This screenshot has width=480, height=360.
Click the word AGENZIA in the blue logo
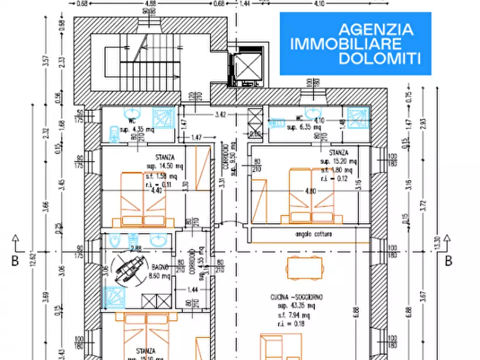[x=376, y=29]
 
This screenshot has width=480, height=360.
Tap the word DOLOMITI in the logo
[x=385, y=58]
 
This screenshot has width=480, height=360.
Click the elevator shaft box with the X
[x=247, y=64]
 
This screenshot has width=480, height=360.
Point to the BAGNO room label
[x=160, y=267]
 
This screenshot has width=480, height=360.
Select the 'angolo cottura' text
[x=313, y=235]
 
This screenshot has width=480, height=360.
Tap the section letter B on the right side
[x=448, y=261]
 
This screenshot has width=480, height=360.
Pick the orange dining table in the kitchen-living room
[x=305, y=267]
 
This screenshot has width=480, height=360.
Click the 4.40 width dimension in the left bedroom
[x=156, y=190]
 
